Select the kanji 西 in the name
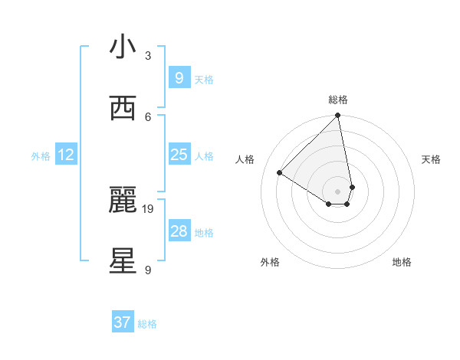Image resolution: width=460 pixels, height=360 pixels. [123, 108]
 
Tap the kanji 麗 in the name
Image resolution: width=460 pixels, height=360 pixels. [123, 200]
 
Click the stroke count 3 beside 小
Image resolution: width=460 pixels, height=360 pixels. [148, 55]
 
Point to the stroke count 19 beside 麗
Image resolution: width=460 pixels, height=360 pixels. [148, 208]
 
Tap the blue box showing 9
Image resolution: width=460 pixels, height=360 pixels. [179, 78]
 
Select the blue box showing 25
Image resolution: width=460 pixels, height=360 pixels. [179, 155]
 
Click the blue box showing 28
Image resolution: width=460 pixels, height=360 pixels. [179, 231]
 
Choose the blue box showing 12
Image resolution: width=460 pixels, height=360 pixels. [66, 155]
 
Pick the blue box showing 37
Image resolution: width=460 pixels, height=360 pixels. [122, 322]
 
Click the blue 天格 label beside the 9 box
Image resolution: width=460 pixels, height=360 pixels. [204, 79]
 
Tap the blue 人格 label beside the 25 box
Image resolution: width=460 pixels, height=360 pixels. [204, 155]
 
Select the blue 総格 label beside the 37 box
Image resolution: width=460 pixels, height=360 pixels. [147, 324]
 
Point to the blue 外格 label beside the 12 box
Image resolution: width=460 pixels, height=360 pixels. [41, 156]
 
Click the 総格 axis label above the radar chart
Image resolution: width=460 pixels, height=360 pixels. [338, 100]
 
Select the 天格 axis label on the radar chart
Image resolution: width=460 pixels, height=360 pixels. [431, 159]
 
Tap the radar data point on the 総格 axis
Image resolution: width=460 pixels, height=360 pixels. [338, 116]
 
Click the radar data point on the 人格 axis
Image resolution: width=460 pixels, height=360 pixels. [280, 173]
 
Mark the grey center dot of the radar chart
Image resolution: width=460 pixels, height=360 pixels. [338, 191]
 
